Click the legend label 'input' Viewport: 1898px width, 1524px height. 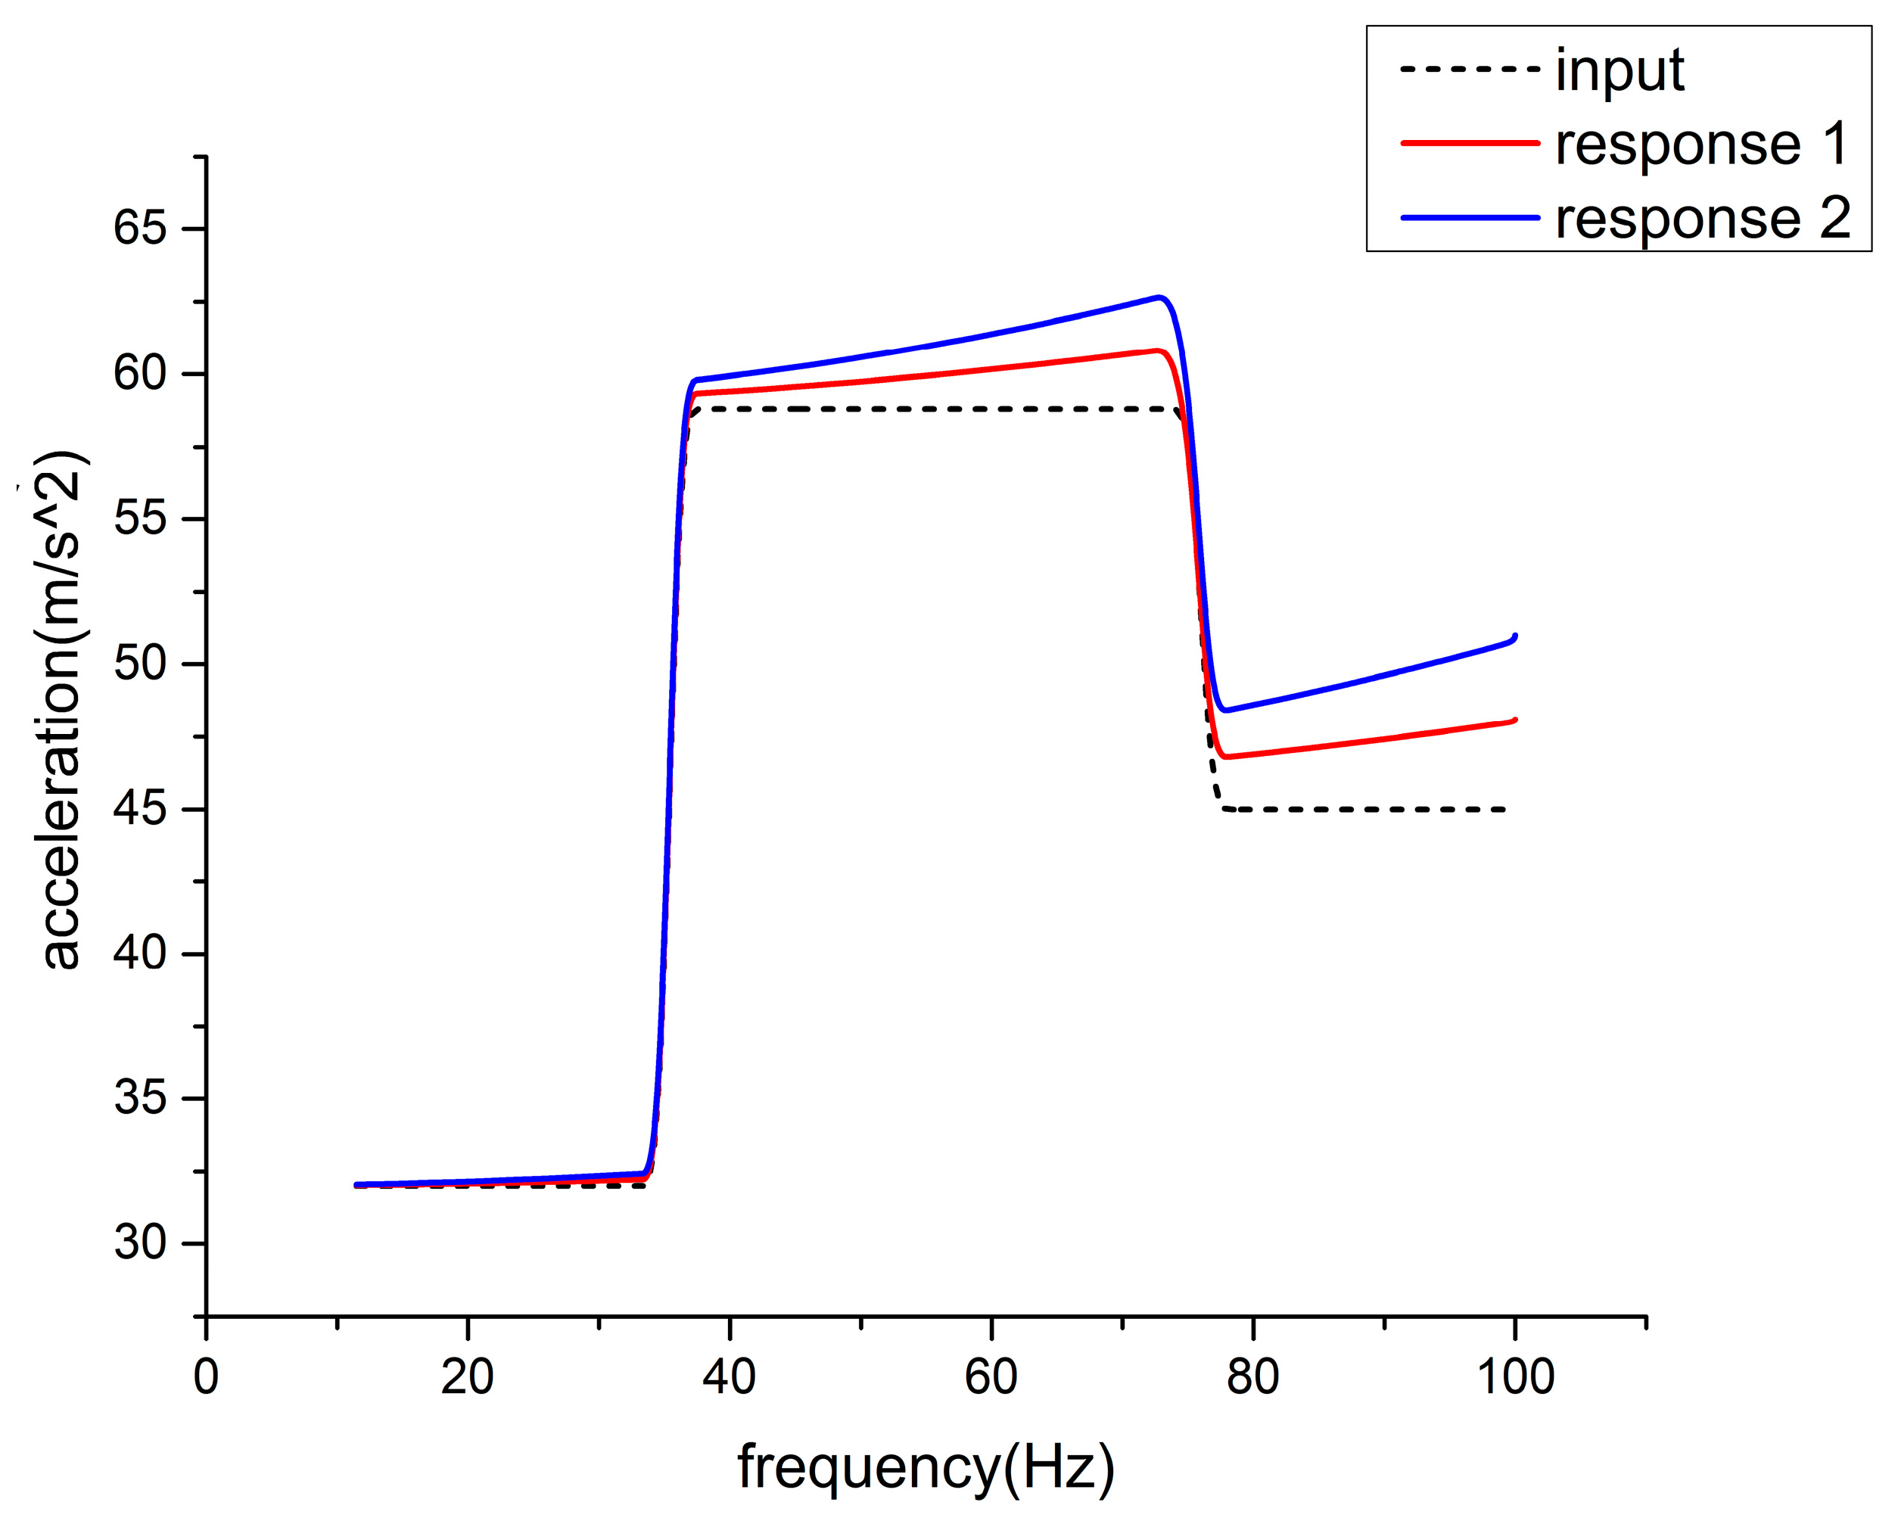(1619, 70)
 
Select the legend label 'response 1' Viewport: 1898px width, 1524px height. (1700, 144)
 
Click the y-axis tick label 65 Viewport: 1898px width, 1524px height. (140, 228)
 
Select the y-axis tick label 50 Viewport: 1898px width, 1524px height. (140, 664)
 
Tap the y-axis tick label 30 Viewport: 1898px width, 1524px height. (140, 1244)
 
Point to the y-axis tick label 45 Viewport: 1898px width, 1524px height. (140, 809)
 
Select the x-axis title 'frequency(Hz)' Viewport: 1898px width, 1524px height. (926, 1469)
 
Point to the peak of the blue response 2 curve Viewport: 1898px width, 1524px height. (1159, 297)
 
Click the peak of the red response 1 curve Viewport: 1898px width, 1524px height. (1158, 350)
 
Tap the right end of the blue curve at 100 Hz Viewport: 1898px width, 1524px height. (1514, 636)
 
